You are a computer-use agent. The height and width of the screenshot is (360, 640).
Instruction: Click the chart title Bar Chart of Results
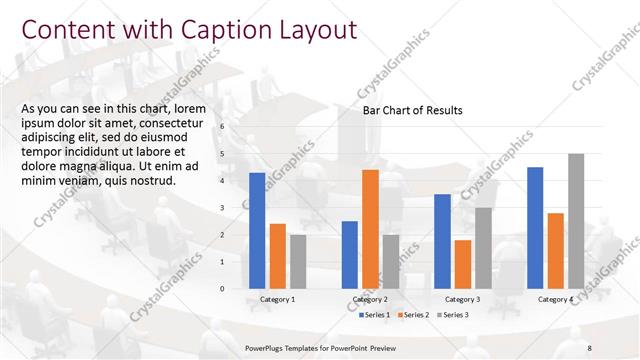click(412, 111)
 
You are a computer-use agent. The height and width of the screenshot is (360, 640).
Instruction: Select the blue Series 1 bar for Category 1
click(257, 230)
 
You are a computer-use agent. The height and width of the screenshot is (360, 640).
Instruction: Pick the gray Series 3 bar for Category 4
click(576, 221)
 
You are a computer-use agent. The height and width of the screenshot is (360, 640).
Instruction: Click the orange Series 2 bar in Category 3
click(462, 264)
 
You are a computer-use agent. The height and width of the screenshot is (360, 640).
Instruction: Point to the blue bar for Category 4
click(535, 227)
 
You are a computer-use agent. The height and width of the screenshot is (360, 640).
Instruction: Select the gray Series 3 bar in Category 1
click(298, 261)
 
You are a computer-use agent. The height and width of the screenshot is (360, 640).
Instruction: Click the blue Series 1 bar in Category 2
click(350, 254)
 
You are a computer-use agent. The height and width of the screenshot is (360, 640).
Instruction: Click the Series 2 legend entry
click(413, 315)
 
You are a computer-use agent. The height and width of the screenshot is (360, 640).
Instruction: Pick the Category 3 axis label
click(462, 299)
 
